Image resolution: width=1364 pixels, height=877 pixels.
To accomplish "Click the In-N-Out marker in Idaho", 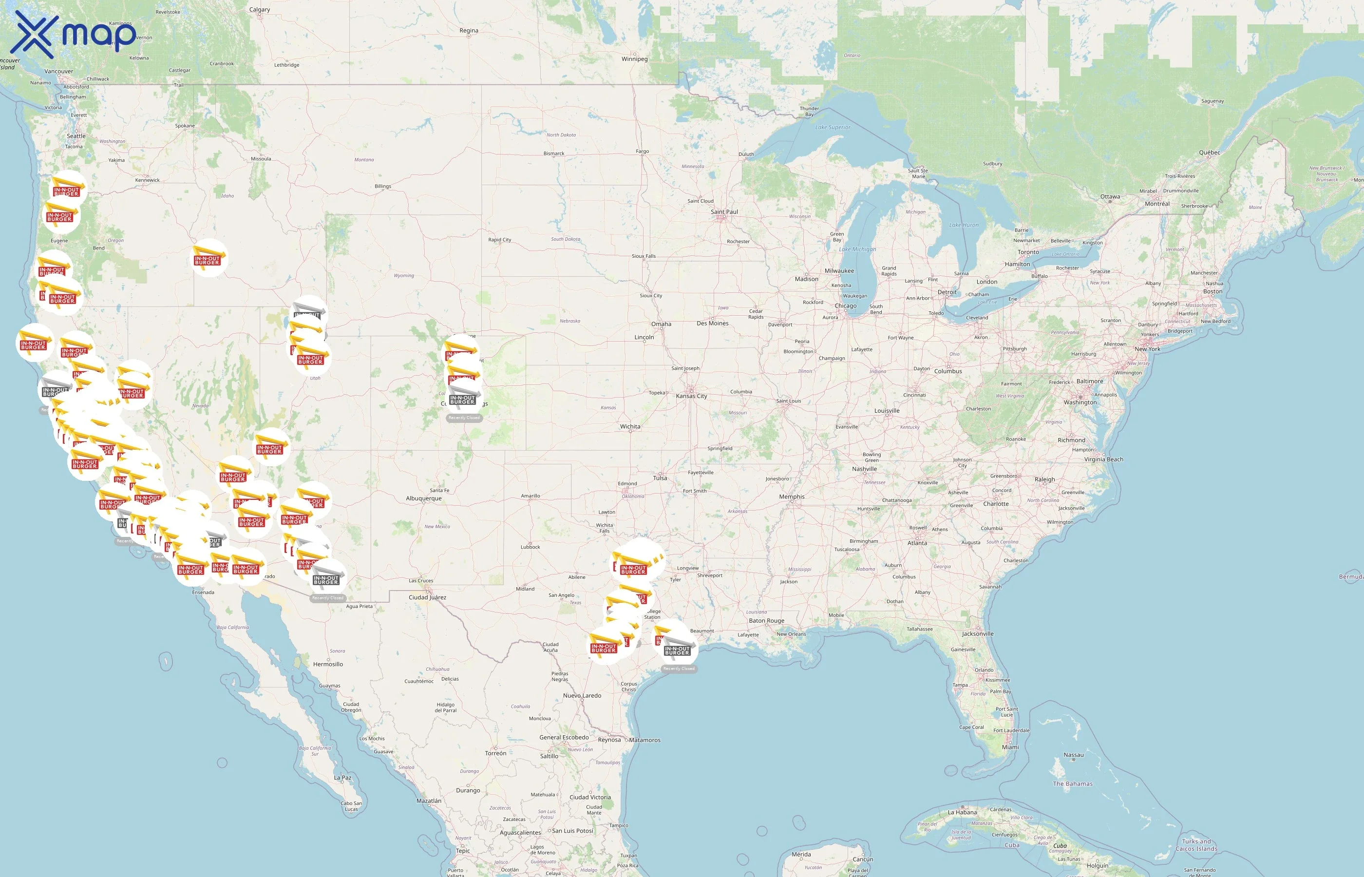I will click(x=208, y=259).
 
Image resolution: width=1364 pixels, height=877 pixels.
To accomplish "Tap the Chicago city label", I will click(x=845, y=306).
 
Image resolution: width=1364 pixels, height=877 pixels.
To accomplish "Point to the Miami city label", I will click(x=1010, y=747).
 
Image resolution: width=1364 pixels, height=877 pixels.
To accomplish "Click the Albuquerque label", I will click(x=423, y=498).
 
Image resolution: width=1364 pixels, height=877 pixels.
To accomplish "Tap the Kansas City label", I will click(x=691, y=396).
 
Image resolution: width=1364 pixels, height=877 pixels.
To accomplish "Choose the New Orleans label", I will click(x=791, y=634).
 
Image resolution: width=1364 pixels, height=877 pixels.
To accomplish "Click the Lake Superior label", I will click(x=833, y=128).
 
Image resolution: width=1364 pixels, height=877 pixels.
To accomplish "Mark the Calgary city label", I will click(x=260, y=10).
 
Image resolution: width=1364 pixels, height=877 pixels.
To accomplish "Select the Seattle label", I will click(x=76, y=136).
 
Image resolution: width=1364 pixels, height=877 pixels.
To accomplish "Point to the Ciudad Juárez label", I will click(x=427, y=597).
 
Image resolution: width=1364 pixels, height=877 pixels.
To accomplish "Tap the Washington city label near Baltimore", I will click(x=1080, y=402).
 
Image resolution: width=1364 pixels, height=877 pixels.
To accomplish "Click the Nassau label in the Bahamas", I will click(x=1074, y=755).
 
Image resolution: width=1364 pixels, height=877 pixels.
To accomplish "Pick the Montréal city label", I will click(x=1157, y=204).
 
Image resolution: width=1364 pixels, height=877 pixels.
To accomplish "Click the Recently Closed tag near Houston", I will click(x=679, y=668).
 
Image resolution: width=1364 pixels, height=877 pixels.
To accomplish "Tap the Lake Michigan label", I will click(x=857, y=249).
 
